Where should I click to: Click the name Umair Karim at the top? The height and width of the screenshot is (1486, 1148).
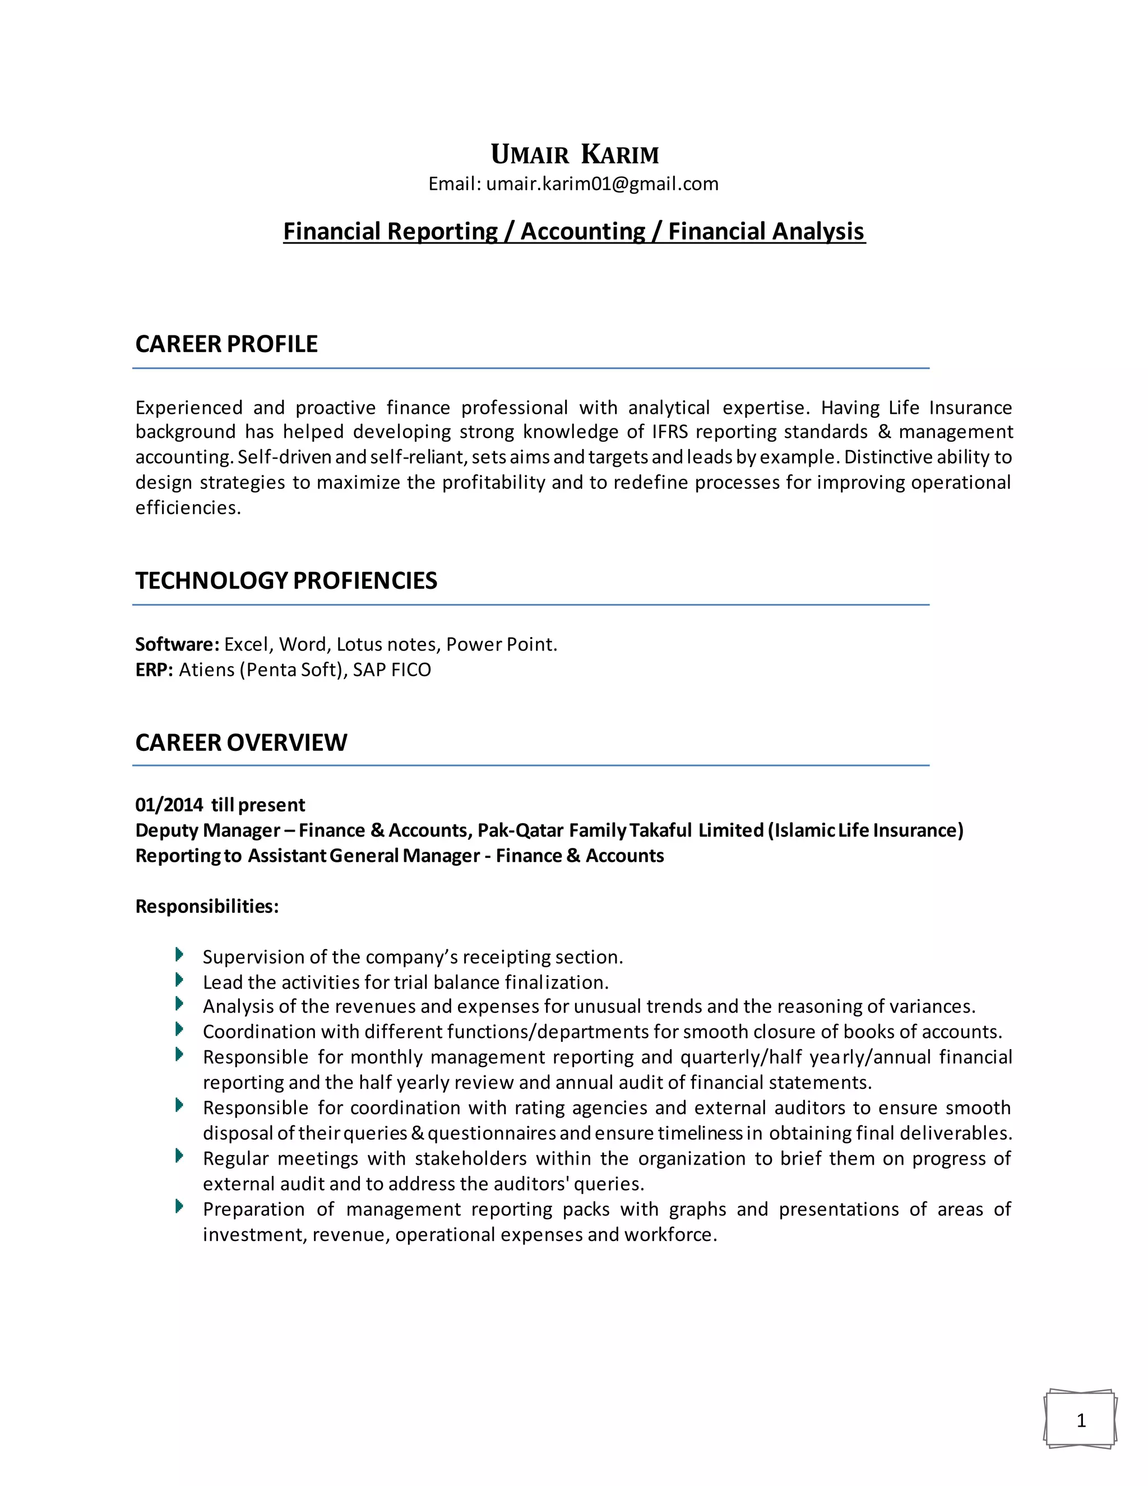(575, 155)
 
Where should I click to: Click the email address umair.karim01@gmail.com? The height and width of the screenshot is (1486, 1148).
(602, 184)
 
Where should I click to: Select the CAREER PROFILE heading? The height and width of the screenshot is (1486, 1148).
(226, 344)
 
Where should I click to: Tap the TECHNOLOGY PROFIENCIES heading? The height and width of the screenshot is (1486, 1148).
(286, 581)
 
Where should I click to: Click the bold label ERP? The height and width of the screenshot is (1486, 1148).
(154, 670)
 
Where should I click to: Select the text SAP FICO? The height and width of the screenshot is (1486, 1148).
(392, 670)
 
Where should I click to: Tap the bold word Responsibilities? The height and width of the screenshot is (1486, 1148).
(207, 907)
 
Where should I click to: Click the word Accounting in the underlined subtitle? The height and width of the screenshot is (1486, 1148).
(583, 232)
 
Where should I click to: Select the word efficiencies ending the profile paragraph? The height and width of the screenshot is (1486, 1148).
(188, 508)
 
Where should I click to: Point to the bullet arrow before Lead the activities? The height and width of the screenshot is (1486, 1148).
(179, 980)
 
